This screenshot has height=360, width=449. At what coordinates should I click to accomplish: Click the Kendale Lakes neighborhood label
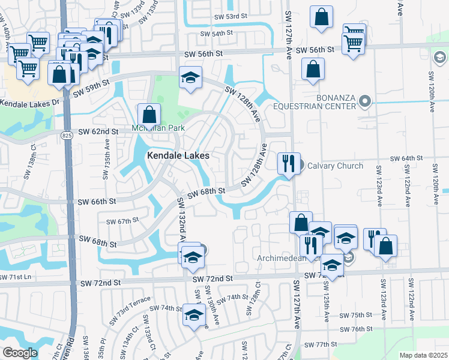click(x=179, y=155)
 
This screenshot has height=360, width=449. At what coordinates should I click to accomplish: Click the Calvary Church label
click(x=336, y=166)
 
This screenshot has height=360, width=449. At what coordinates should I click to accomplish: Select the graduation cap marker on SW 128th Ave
click(x=191, y=78)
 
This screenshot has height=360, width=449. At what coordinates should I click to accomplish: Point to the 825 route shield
click(x=64, y=137)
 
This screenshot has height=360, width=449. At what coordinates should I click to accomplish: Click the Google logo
click(x=20, y=352)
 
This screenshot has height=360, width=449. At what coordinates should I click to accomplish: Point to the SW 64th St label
click(x=406, y=158)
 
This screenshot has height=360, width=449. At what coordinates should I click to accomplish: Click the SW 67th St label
click(x=122, y=221)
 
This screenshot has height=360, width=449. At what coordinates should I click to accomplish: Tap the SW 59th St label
click(x=91, y=88)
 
